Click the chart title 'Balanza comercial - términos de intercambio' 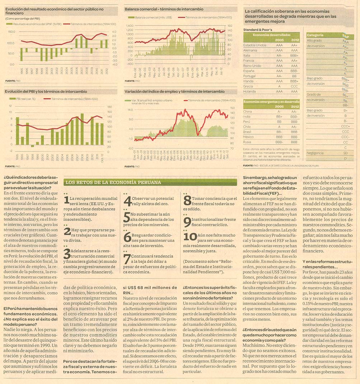(164, 9)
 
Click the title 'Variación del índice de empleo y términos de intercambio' (174, 92)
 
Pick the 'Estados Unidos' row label (255, 45)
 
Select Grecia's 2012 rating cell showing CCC (295, 86)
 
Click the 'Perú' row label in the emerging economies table (247, 122)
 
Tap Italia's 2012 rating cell (295, 56)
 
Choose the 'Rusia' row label (248, 142)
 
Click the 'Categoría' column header (315, 35)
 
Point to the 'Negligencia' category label (315, 153)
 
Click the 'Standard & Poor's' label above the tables (257, 29)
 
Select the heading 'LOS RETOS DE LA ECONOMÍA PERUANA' (113, 183)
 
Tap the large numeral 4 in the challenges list (127, 201)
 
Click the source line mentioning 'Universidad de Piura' (280, 165)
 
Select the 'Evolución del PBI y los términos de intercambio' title (46, 92)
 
